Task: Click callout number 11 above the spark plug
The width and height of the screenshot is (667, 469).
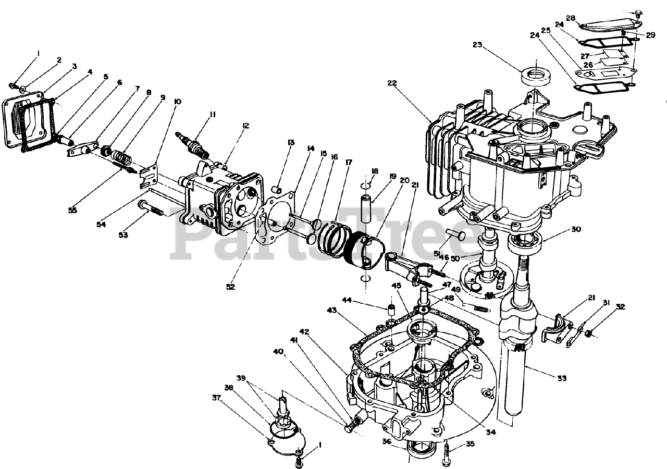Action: tap(213, 115)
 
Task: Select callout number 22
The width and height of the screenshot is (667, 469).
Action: tap(392, 83)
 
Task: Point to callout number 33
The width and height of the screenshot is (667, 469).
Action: tap(561, 378)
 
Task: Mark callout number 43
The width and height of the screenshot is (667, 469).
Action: tap(331, 310)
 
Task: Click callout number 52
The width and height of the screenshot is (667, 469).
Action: tap(230, 287)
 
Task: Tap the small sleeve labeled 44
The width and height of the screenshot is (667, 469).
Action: tap(390, 312)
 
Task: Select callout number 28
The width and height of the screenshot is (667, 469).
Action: tap(571, 19)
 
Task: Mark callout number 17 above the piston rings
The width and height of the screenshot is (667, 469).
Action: tap(349, 163)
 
